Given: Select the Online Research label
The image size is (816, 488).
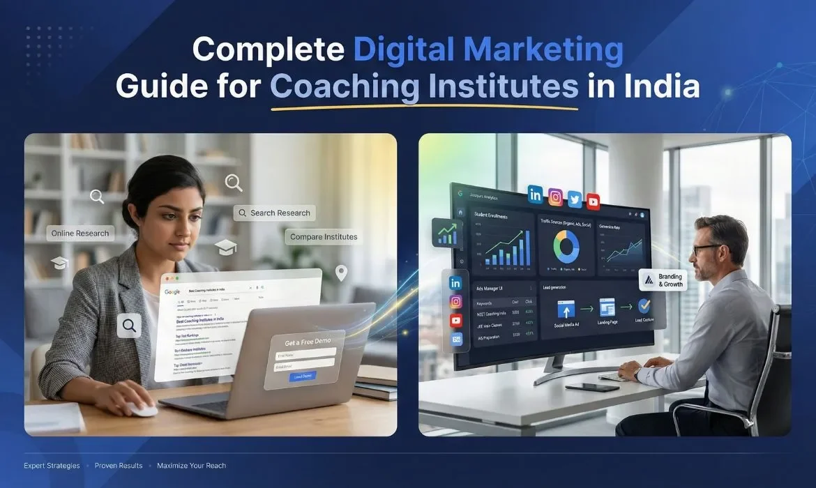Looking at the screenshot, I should click(x=80, y=234).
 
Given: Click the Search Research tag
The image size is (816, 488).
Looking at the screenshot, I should click(x=274, y=213).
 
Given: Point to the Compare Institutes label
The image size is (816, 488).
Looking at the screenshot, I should click(x=323, y=237).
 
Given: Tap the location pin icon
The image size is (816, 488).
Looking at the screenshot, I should click(x=341, y=273).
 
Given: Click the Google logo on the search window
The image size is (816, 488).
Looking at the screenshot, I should click(x=172, y=292).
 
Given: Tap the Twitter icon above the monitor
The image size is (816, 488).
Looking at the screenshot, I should click(x=574, y=198).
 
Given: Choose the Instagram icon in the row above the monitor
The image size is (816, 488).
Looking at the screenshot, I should click(x=555, y=197).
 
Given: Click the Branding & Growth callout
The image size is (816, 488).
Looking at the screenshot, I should click(x=663, y=280).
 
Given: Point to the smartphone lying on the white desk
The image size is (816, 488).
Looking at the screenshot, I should click(x=582, y=387).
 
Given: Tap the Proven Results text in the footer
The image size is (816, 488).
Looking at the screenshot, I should click(x=119, y=466).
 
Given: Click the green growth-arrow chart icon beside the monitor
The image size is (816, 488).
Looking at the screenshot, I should click(x=446, y=233).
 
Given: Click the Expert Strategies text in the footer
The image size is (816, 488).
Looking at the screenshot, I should click(x=52, y=466).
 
